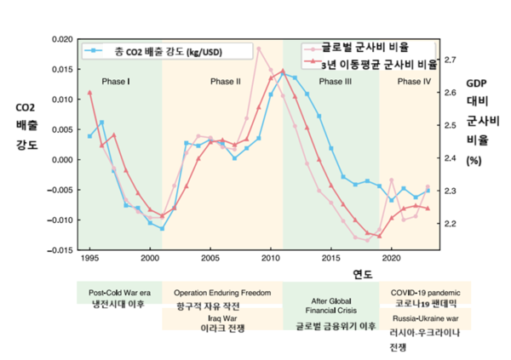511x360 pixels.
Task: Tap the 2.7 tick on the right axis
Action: (x=451, y=60)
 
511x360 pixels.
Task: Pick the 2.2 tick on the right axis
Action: (x=451, y=224)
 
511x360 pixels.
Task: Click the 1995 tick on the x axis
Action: (x=89, y=257)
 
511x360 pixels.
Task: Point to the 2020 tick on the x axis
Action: (x=391, y=257)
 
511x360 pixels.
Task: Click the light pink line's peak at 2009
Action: (x=259, y=49)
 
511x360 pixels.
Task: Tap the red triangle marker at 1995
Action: (x=90, y=92)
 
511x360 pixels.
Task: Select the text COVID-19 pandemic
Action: (x=423, y=291)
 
